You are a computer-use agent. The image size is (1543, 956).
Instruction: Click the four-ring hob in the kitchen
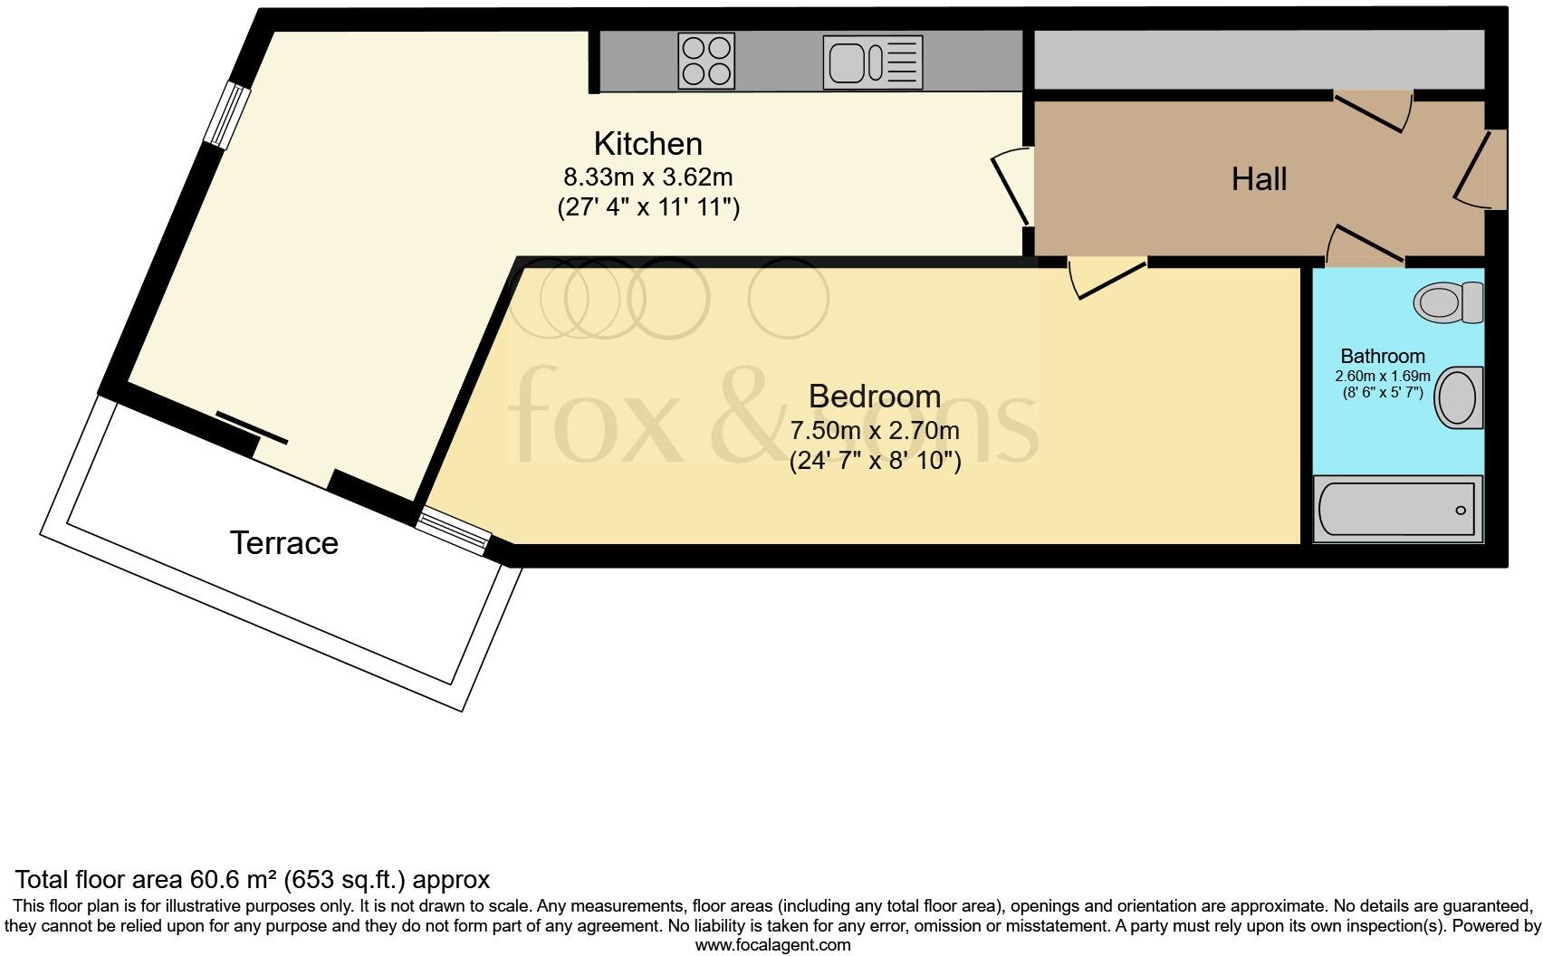[705, 61]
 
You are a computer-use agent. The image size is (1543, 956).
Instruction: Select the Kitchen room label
[647, 144]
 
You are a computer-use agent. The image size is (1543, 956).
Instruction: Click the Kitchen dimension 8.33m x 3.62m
[647, 177]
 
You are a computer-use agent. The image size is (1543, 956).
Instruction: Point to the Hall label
[1259, 179]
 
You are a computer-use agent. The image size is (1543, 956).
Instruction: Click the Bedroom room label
[874, 397]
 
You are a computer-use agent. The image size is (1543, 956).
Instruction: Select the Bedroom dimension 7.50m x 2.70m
[874, 430]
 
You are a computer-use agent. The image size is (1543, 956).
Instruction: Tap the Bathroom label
[1382, 356]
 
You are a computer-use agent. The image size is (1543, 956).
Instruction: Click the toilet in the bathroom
[1447, 301]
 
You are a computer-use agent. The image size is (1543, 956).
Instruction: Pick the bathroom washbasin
[1459, 397]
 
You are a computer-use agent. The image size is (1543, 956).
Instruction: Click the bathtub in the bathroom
[1397, 509]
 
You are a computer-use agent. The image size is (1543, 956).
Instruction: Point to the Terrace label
[283, 543]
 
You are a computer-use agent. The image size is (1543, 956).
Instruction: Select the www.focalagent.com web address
[771, 945]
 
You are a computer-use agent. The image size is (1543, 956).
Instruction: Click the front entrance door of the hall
[1482, 170]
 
